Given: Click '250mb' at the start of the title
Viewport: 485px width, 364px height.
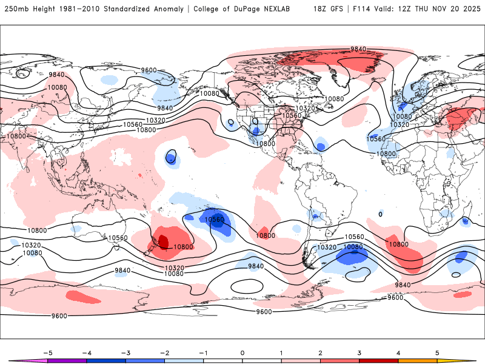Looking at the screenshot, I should pos(16,9).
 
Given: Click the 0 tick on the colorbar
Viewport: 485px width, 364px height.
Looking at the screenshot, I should pos(242,352).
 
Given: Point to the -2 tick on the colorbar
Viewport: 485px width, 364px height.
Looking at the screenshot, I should pos(164,352).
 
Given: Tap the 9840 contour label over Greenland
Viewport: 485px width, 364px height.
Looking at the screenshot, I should pos(358,49).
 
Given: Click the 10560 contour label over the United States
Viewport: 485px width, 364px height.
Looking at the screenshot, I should pos(291,115).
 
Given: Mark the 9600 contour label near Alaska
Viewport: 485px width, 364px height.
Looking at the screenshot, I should pos(149,70).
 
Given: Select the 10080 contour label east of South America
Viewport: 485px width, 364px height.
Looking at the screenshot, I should pos(352,247).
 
